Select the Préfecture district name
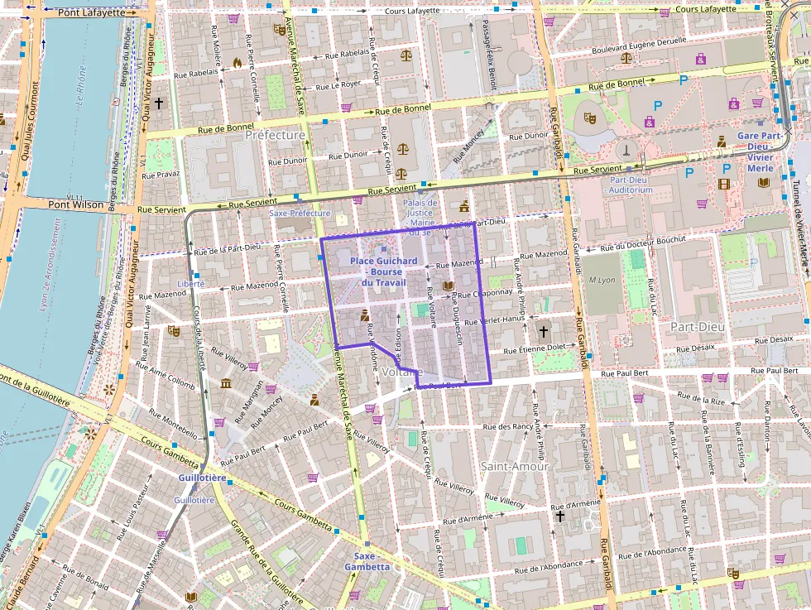[x=276, y=135]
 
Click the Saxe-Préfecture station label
[x=300, y=214]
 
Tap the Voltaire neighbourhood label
[x=404, y=373]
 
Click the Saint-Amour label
[x=515, y=466]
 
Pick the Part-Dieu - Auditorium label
[x=631, y=184]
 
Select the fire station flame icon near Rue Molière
[x=238, y=62]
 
